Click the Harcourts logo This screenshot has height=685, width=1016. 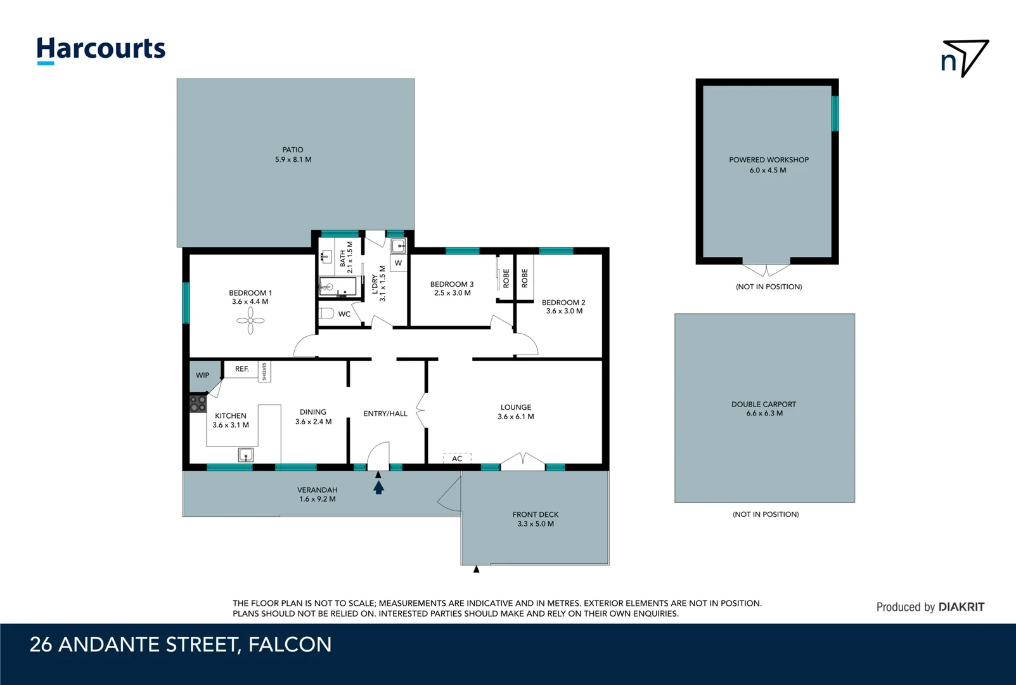[101, 49]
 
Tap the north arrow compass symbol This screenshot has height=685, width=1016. [965, 58]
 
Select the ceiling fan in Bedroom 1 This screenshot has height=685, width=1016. [250, 320]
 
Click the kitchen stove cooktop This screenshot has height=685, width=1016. [198, 403]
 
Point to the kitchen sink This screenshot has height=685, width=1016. [246, 454]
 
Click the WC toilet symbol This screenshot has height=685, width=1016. [326, 313]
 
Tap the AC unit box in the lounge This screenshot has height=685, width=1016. [457, 458]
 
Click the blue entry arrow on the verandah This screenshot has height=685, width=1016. [378, 487]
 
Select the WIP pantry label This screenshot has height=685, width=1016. [203, 375]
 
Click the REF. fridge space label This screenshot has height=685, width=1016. [241, 369]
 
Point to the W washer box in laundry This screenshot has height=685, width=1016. [398, 263]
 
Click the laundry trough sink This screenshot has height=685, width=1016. [398, 246]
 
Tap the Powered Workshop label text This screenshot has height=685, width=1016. [768, 160]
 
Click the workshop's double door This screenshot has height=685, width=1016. [766, 269]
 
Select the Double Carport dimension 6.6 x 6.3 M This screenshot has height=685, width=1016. [764, 414]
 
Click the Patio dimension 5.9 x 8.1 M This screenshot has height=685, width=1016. [293, 160]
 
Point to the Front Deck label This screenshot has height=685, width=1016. [536, 514]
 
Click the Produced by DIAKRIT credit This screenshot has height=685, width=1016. [930, 607]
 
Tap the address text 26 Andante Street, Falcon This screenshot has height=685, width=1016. [181, 644]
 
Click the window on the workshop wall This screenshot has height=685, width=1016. [835, 114]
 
